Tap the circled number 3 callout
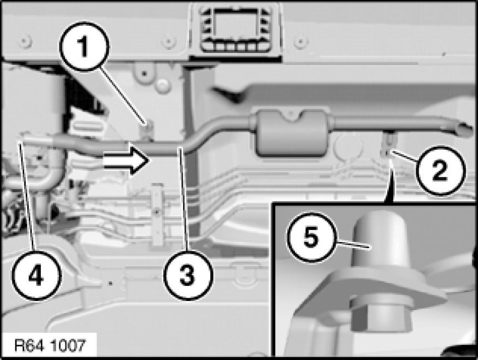tap(188, 275)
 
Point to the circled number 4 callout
tap(37, 275)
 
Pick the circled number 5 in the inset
tap(311, 237)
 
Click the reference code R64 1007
tap(50, 346)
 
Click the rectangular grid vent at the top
tap(235, 29)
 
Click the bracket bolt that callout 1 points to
tap(149, 125)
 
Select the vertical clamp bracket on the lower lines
tap(157, 214)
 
